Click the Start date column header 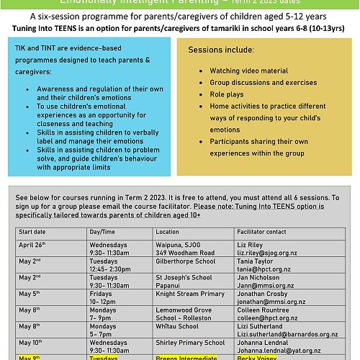tap(33, 233)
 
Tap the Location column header tap(168, 233)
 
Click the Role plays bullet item tap(226, 94)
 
